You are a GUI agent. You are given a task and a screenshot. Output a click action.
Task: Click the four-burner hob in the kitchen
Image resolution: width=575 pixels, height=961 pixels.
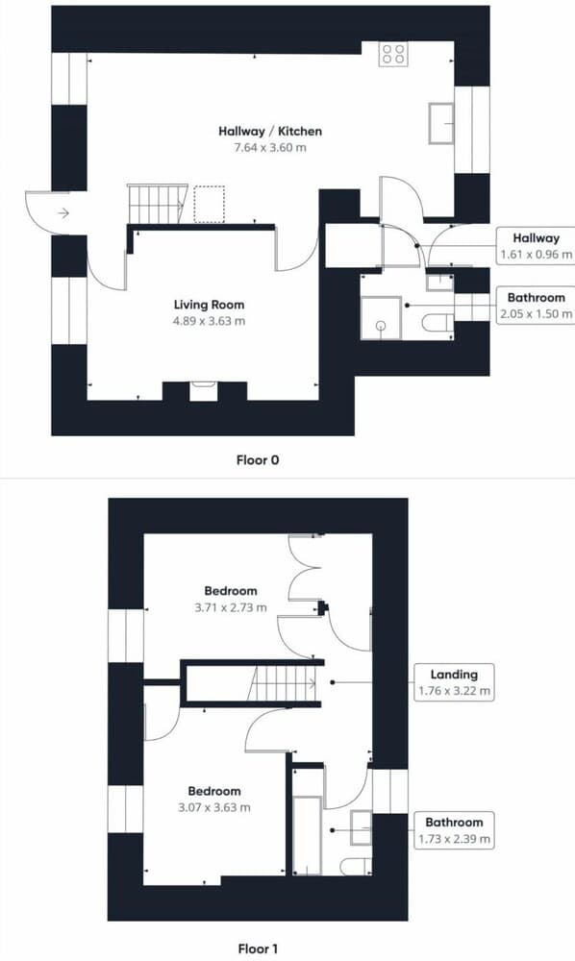pyautogui.click(x=392, y=55)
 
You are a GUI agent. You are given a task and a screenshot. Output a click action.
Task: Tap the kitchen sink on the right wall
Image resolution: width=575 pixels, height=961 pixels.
pyautogui.click(x=442, y=122)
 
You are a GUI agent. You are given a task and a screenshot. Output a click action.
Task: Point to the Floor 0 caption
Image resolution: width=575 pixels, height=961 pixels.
pyautogui.click(x=258, y=460)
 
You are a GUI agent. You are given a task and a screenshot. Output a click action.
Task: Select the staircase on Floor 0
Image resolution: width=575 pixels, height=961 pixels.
pyautogui.click(x=156, y=203)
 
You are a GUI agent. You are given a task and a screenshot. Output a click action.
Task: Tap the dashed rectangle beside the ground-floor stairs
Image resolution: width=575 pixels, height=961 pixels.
pyautogui.click(x=209, y=203)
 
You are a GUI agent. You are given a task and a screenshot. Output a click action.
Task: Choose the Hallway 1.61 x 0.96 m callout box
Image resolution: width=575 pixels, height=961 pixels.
pyautogui.click(x=536, y=246)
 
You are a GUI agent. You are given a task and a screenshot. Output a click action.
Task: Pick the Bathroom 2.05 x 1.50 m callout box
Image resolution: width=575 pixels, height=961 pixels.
pyautogui.click(x=536, y=304)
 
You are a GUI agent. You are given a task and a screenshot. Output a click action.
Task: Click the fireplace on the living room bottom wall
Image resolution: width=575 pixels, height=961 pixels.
pyautogui.click(x=204, y=390)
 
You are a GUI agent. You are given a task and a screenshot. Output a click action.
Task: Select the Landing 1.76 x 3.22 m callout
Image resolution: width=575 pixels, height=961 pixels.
pyautogui.click(x=455, y=681)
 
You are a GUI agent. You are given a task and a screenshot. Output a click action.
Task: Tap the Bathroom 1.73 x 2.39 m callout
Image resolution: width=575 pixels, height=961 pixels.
pyautogui.click(x=455, y=830)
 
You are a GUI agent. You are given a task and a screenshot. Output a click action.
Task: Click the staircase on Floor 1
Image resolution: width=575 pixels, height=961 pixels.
pyautogui.click(x=282, y=684)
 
